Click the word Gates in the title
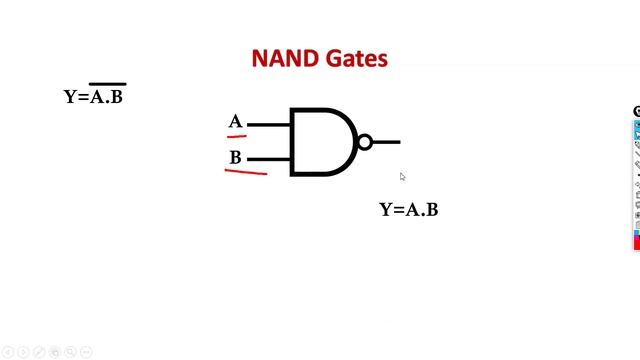tap(356, 59)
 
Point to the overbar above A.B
tap(108, 84)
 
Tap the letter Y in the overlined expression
tap(70, 97)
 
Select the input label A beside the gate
tap(236, 122)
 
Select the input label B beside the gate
tap(236, 157)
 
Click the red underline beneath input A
tap(237, 134)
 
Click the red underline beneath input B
tap(246, 172)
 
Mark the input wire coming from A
tap(268, 125)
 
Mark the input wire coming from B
tap(268, 158)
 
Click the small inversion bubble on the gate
tap(365, 142)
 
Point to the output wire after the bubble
tap(387, 142)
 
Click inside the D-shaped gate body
tap(318, 142)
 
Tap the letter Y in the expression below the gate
tap(385, 210)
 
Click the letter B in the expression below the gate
tap(432, 210)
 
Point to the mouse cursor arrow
tap(402, 177)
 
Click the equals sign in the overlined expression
tap(82, 97)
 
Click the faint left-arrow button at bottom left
tap(8, 352)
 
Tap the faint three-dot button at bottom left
tap(87, 352)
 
